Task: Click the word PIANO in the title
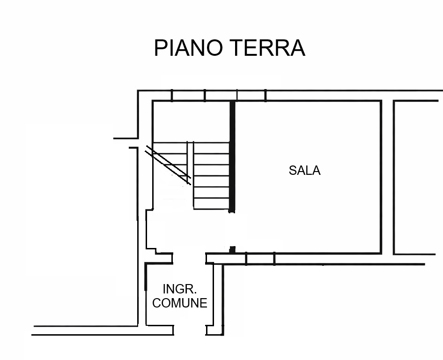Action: [x=188, y=48]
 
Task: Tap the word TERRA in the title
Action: [x=269, y=48]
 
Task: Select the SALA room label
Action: [x=304, y=171]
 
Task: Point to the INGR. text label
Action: [x=180, y=289]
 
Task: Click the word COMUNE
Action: [x=180, y=303]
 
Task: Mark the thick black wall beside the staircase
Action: [x=232, y=157]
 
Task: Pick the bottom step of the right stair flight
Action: [x=211, y=203]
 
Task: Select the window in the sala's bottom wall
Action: [x=260, y=259]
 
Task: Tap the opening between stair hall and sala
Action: [x=232, y=229]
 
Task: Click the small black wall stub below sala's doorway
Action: [x=232, y=250]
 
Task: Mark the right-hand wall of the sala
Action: [x=381, y=177]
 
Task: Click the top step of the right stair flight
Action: [x=211, y=148]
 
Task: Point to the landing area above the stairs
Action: [x=191, y=121]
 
